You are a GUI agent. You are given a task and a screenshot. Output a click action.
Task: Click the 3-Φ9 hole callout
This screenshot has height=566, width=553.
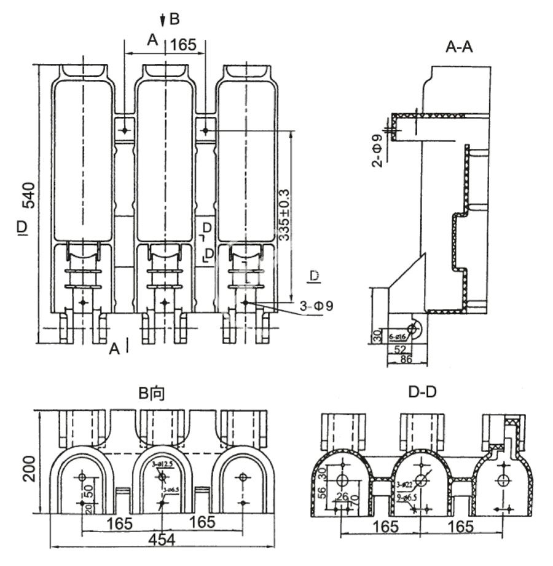[316, 305]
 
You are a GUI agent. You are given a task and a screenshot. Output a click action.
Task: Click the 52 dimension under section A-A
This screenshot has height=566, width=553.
[399, 349]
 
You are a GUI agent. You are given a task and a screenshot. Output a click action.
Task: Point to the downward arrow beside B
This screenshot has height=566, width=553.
[162, 21]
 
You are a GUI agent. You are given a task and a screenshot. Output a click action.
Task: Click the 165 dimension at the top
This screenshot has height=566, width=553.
[183, 44]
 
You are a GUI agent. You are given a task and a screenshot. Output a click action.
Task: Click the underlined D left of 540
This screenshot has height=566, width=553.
[22, 228]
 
